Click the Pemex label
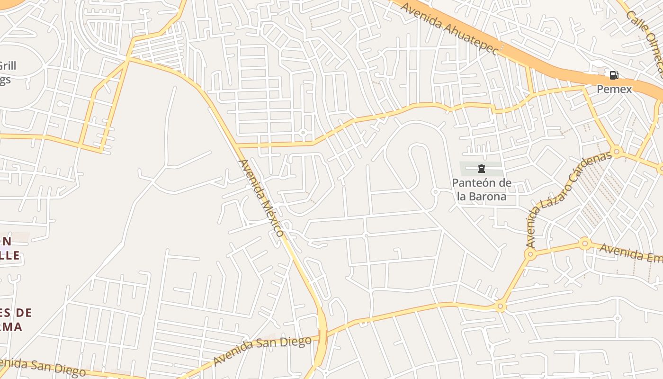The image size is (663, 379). point(614,89)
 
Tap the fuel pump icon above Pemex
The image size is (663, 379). point(614,75)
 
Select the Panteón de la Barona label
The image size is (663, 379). point(482,189)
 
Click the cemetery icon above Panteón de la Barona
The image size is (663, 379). point(482,168)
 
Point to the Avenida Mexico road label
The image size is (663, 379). point(261,198)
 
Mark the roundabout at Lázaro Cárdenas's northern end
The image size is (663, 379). point(616,152)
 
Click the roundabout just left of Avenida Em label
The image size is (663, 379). point(585,244)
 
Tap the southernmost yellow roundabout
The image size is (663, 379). point(500,307)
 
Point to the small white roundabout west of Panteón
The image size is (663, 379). point(435,192)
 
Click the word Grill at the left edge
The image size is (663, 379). point(8,66)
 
